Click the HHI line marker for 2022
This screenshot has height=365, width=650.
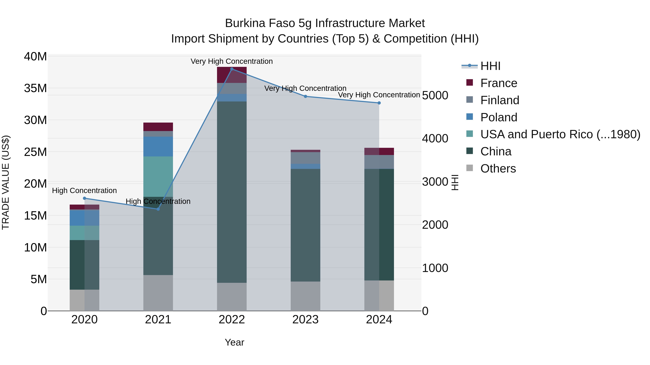click(232, 69)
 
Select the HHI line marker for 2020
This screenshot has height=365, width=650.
click(84, 198)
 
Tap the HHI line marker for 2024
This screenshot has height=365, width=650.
click(379, 103)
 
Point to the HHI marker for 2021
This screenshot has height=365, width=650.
click(158, 209)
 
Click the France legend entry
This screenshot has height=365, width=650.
click(498, 83)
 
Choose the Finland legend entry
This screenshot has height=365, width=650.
click(500, 100)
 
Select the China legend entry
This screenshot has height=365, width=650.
click(496, 151)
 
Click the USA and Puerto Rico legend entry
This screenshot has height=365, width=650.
click(560, 134)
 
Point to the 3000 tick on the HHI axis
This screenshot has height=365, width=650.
click(435, 182)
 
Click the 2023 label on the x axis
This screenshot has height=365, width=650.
click(305, 320)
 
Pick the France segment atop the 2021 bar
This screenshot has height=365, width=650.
click(158, 127)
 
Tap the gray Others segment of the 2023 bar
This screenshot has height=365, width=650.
click(305, 296)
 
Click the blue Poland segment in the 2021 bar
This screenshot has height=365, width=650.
click(158, 146)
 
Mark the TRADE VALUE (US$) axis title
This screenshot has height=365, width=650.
click(6, 182)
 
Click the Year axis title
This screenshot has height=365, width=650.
click(234, 342)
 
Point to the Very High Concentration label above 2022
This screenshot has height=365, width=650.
click(232, 61)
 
